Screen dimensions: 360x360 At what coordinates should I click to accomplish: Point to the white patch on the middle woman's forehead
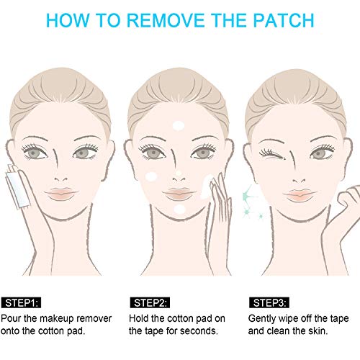click(x=178, y=126)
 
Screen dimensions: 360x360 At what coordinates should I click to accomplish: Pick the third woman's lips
click(x=297, y=194)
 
